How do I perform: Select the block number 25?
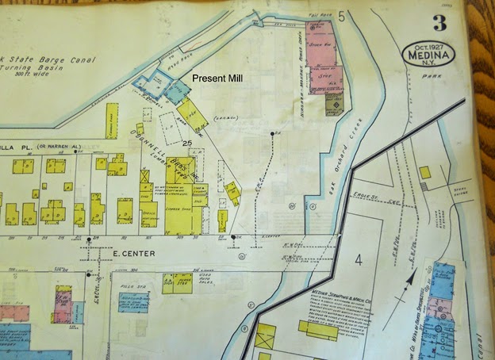click(188, 144)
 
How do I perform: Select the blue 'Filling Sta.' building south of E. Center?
click(133, 301)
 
